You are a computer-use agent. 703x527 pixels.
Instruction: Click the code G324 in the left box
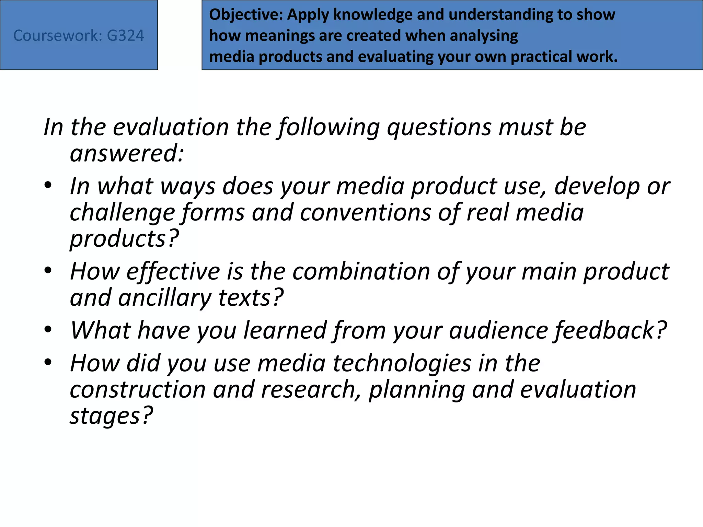coord(125,36)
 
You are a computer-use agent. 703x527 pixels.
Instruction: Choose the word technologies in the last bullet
coord(402,363)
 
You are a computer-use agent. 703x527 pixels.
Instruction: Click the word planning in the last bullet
coord(417,390)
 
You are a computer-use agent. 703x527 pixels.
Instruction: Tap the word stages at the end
coord(111,416)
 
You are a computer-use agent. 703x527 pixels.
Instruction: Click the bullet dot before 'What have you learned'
coord(48,330)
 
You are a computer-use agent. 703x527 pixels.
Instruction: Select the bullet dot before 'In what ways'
coord(48,185)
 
